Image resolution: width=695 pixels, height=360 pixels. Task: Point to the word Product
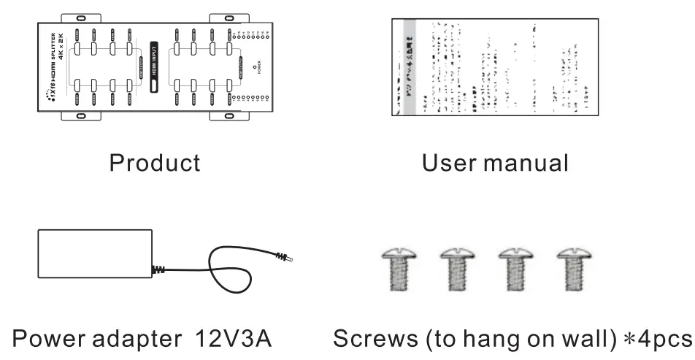pos(155,162)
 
